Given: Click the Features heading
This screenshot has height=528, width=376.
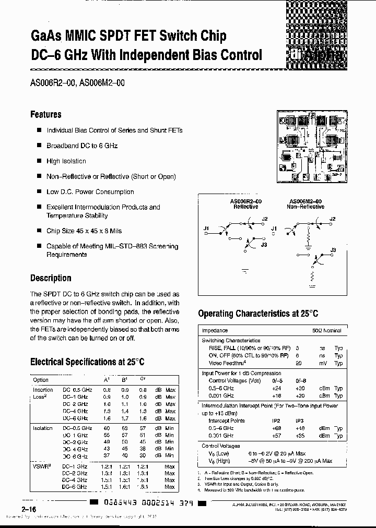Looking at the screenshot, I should click(46, 114).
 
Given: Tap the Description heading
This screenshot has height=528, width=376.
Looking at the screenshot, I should click(51, 278).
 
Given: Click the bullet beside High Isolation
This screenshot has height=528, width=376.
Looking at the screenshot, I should click(39, 162).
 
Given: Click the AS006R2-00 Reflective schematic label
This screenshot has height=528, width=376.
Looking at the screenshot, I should click(245, 203).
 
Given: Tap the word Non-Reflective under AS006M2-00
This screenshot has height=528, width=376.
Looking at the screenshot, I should click(306, 207).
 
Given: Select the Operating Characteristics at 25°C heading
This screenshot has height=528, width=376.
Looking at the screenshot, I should click(258, 314).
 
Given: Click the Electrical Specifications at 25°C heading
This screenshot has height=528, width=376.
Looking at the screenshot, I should click(87, 362).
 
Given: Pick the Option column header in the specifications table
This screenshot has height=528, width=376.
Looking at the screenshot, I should click(41, 380).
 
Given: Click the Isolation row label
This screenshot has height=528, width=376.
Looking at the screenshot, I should click(43, 428).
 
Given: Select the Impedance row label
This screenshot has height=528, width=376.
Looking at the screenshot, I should click(215, 330).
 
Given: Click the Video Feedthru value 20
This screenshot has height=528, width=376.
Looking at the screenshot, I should click(298, 363).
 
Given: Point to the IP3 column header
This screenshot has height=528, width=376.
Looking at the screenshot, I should click(300, 421).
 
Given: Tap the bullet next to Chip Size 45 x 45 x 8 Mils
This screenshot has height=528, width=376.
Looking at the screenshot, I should click(39, 231).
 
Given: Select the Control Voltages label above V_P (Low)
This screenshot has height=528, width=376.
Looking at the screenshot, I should click(221, 446).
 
